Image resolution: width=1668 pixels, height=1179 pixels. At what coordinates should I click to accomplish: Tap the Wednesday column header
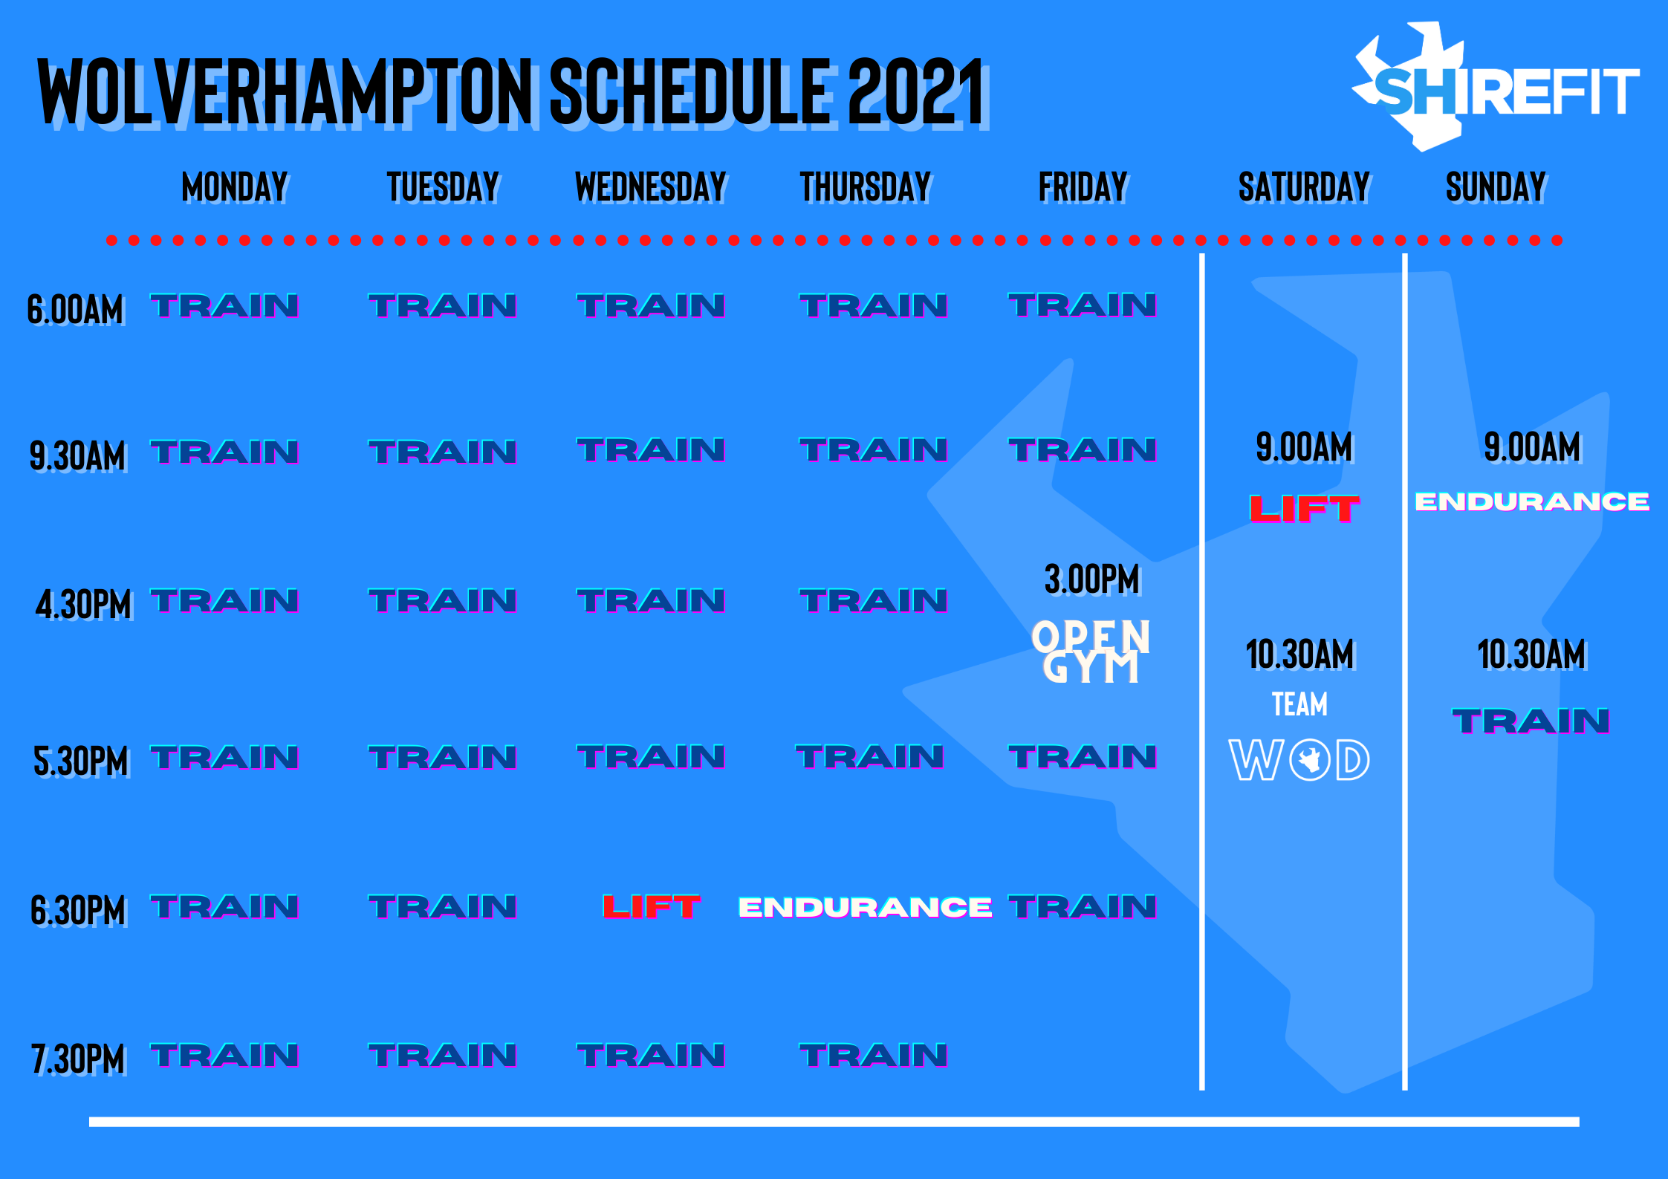pos(651,186)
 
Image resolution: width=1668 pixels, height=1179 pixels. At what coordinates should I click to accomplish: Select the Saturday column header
pos(1304,186)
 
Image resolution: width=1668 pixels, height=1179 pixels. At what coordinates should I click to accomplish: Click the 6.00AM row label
pos(75,309)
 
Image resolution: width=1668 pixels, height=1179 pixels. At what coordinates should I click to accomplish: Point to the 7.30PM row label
pos(78,1059)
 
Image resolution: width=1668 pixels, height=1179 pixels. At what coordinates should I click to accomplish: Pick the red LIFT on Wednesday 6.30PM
pos(652,906)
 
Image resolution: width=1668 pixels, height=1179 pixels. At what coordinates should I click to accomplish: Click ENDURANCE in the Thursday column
pos(866,907)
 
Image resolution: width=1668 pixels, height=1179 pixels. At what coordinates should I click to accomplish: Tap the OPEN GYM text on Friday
pos(1091,652)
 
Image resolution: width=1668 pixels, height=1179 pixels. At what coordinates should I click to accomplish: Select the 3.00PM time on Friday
pos(1092,579)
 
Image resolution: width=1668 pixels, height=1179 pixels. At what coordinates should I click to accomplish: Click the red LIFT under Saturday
pos(1305,509)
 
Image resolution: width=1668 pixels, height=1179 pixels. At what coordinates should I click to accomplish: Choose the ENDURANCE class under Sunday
pos(1532,501)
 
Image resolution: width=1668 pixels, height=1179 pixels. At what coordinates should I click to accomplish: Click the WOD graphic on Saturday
pos(1299,760)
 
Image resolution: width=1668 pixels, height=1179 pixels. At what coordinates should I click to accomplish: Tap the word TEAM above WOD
pos(1299,704)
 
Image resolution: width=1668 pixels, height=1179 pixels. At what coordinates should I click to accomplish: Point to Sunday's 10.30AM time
pos(1532,655)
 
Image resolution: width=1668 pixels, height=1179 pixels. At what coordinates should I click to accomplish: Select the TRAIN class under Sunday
pos(1531,721)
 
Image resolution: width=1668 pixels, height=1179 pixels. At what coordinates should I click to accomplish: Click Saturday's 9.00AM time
pos(1305,447)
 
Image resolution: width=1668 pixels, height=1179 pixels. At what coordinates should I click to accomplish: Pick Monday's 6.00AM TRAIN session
pos(224,306)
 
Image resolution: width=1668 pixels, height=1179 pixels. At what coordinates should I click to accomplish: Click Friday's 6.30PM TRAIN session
pos(1083,906)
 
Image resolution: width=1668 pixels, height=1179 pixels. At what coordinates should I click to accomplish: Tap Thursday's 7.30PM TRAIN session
pos(874,1056)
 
